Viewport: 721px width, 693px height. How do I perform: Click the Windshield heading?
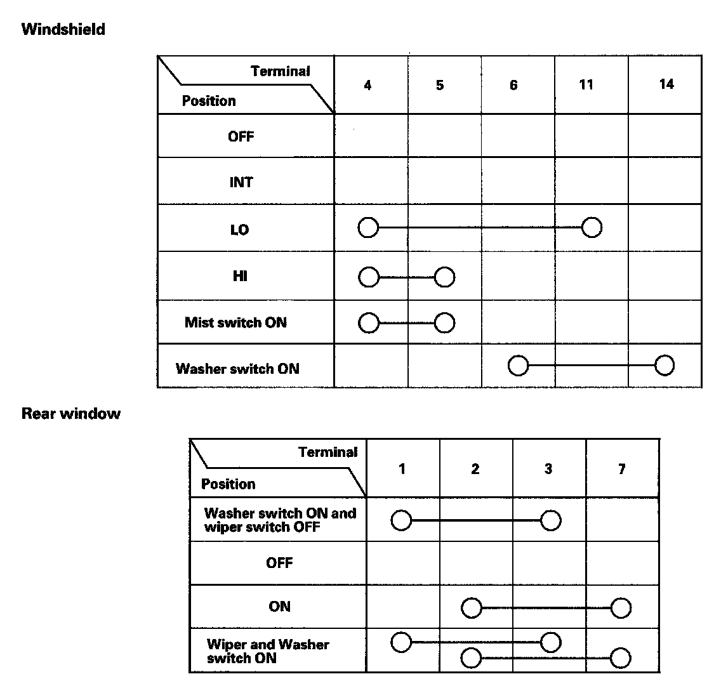pyautogui.click(x=63, y=29)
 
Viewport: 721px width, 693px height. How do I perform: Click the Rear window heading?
pyautogui.click(x=71, y=414)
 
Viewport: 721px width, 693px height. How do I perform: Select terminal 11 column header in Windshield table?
pyautogui.click(x=586, y=84)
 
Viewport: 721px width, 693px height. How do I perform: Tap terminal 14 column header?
pyautogui.click(x=666, y=84)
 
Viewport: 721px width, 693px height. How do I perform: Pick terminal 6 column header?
pyautogui.click(x=513, y=84)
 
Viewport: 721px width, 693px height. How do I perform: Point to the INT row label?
pyautogui.click(x=241, y=182)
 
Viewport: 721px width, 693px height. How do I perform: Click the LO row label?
pyautogui.click(x=240, y=230)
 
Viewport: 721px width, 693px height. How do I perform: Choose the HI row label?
pyautogui.click(x=240, y=276)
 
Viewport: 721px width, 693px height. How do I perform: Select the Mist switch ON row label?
pyautogui.click(x=235, y=322)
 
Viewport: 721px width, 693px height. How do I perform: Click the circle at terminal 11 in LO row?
pyautogui.click(x=592, y=227)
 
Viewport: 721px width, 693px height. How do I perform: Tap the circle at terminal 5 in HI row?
pyautogui.click(x=445, y=277)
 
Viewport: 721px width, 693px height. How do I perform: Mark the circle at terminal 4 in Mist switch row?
pyautogui.click(x=368, y=323)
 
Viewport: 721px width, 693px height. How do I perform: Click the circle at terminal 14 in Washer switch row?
pyautogui.click(x=665, y=366)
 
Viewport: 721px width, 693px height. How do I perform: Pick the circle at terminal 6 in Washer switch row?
pyautogui.click(x=519, y=366)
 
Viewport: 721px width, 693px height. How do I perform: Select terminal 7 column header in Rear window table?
pyautogui.click(x=621, y=469)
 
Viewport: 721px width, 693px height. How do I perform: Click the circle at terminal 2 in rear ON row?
pyautogui.click(x=472, y=609)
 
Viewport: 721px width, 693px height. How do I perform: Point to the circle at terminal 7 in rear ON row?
pyautogui.click(x=621, y=609)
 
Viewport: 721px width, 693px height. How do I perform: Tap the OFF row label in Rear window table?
pyautogui.click(x=279, y=563)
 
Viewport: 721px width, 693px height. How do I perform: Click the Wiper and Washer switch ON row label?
pyautogui.click(x=268, y=651)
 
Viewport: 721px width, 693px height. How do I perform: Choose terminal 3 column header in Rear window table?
pyautogui.click(x=548, y=469)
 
